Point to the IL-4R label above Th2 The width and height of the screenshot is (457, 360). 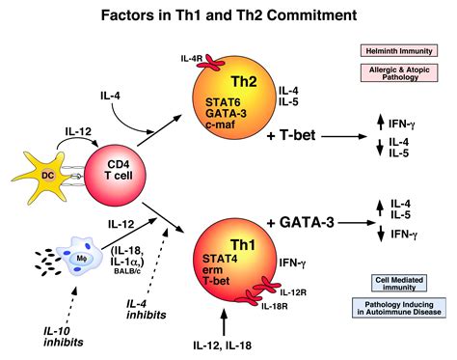191,60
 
